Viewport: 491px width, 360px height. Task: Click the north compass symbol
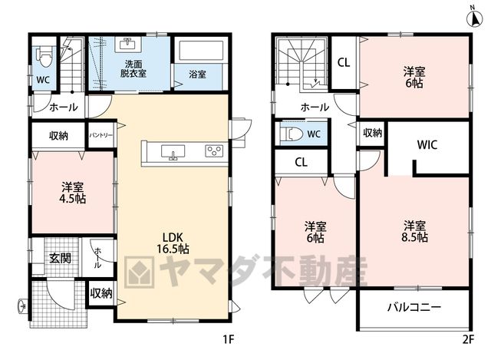[x=474, y=19]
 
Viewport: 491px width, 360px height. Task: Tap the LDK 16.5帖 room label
[x=173, y=243]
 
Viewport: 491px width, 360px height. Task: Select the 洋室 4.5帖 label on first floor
[x=73, y=193]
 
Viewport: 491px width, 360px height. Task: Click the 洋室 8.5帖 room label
[x=414, y=231]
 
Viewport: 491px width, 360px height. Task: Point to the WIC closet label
[x=427, y=145]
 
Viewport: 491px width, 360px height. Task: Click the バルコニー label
[x=414, y=307]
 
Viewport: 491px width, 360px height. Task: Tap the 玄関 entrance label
[x=60, y=258]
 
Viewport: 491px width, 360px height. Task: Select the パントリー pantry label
[x=101, y=135]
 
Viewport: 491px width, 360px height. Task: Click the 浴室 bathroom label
[x=198, y=74]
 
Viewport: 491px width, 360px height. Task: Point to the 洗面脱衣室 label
[x=133, y=69]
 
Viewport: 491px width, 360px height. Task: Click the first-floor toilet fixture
[x=45, y=57]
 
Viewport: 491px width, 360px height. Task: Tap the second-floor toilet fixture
[x=292, y=134]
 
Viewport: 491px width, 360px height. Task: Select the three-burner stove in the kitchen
[x=214, y=151]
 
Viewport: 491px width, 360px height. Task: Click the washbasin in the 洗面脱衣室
[x=128, y=45]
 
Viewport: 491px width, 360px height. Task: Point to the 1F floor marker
[x=229, y=339]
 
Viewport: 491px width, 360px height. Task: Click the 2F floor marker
[x=469, y=339]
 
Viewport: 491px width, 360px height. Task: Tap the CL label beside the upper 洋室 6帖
[x=344, y=63]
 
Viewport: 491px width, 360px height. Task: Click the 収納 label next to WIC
[x=373, y=133]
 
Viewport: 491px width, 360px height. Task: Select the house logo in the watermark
[x=140, y=272]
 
